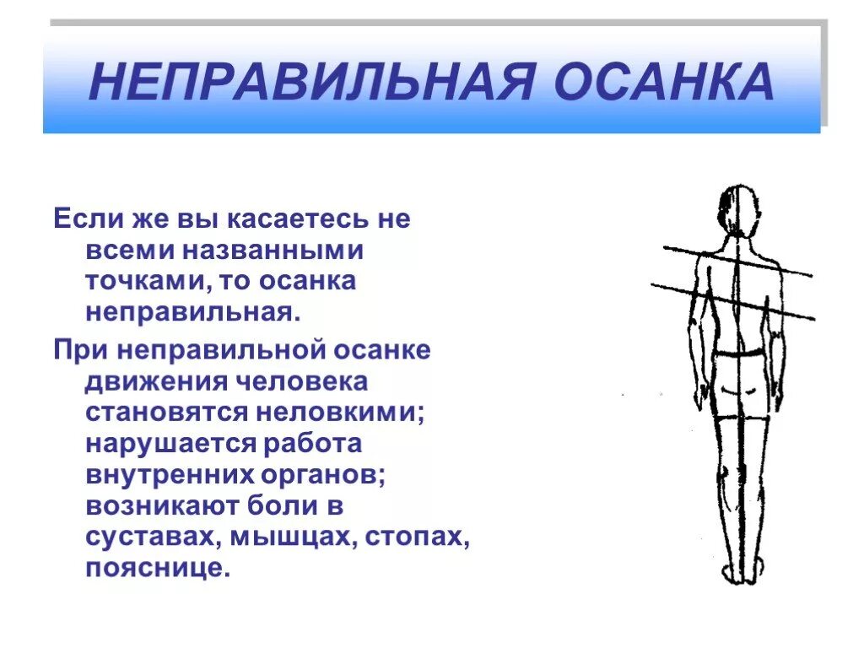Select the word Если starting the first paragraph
click(87, 220)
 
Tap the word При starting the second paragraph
click(81, 349)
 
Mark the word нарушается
click(169, 445)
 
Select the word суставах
click(148, 537)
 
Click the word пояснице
click(157, 568)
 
